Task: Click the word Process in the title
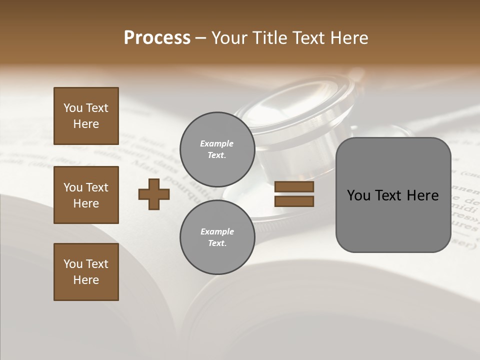157,38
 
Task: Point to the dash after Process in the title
201,38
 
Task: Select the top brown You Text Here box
86,116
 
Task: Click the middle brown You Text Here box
86,195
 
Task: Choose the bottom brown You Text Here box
86,272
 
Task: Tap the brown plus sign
154,194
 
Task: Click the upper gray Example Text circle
217,149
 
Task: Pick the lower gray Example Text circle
217,237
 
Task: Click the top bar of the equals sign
294,187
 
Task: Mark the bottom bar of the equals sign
294,201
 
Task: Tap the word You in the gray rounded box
359,195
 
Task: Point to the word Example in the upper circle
217,144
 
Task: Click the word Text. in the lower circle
217,243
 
